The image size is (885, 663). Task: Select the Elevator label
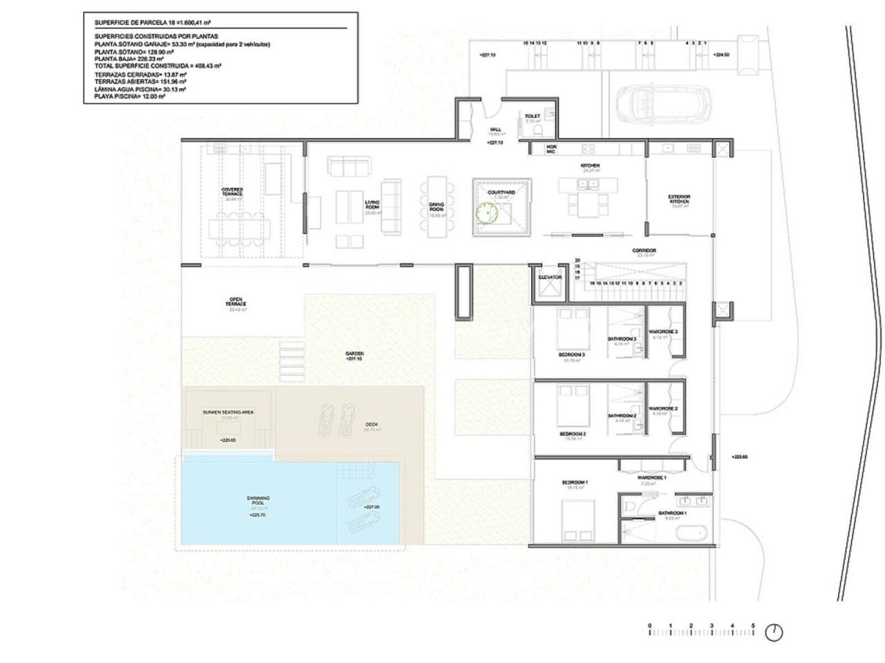550,278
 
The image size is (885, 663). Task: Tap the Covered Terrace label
232,191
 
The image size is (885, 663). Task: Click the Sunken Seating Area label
228,412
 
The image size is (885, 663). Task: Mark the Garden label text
355,354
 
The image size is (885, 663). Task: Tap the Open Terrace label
236,302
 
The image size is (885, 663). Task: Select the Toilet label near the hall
532,116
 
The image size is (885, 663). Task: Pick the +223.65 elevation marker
739,457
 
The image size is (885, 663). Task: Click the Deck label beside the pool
371,425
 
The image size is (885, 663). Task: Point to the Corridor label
644,251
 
